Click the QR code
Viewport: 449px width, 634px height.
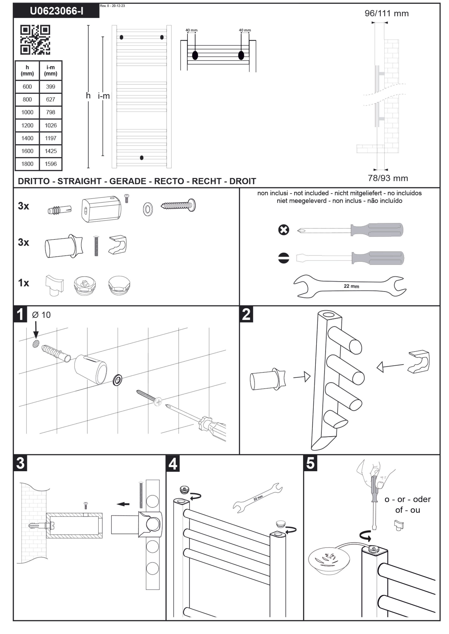pyautogui.click(x=35, y=40)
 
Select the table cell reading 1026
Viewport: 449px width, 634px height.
pyautogui.click(x=51, y=125)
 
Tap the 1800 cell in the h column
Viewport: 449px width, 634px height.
pyautogui.click(x=27, y=164)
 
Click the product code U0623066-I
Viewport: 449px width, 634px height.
pyautogui.click(x=56, y=11)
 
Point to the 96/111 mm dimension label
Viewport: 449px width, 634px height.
pyautogui.click(x=386, y=13)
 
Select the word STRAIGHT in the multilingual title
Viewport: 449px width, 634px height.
pyautogui.click(x=79, y=181)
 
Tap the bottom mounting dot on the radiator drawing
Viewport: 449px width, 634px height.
pyautogui.click(x=142, y=158)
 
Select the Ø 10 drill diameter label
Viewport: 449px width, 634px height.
pyautogui.click(x=42, y=315)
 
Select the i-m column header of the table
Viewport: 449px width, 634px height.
pyautogui.click(x=51, y=71)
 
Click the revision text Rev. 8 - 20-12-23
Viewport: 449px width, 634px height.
pyautogui.click(x=112, y=6)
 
